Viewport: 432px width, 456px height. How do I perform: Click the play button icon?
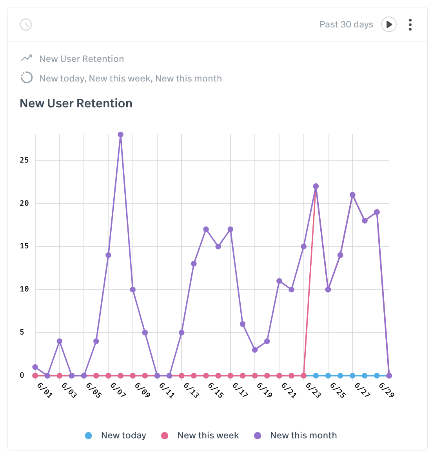pyautogui.click(x=388, y=24)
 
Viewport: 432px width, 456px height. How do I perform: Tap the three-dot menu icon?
pyautogui.click(x=410, y=24)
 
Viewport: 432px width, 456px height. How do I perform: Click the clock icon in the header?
pyautogui.click(x=26, y=24)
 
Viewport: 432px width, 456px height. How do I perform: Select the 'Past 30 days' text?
pyautogui.click(x=346, y=24)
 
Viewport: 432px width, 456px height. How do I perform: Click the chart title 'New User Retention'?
pyautogui.click(x=76, y=103)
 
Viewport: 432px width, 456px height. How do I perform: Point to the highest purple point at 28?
pyautogui.click(x=120, y=134)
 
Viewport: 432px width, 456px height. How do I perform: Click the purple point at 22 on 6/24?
pyautogui.click(x=316, y=186)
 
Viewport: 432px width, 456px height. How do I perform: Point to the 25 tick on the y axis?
pyautogui.click(x=24, y=160)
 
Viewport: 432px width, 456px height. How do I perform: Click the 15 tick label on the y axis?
pyautogui.click(x=24, y=246)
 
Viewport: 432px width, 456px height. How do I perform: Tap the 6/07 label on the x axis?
pyautogui.click(x=118, y=390)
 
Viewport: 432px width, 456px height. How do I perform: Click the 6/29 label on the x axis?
pyautogui.click(x=386, y=390)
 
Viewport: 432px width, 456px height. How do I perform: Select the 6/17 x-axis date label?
pyautogui.click(x=240, y=390)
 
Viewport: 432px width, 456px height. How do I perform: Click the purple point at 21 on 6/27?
pyautogui.click(x=352, y=195)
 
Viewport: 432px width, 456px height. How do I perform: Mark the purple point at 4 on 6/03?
pyautogui.click(x=60, y=341)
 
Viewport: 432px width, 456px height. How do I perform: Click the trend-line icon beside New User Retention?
pyautogui.click(x=26, y=58)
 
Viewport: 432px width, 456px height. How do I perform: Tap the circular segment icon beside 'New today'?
pyautogui.click(x=26, y=78)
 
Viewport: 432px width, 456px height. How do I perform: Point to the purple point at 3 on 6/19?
pyautogui.click(x=255, y=350)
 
